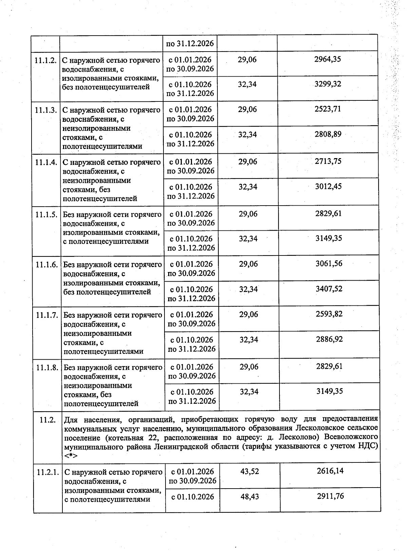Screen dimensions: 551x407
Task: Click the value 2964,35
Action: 327,59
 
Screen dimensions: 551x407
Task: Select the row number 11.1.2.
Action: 45,60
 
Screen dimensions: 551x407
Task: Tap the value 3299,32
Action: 328,84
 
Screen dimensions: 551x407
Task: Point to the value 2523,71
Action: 327,109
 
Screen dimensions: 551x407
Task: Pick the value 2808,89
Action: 328,134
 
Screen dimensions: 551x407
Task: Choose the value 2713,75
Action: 328,161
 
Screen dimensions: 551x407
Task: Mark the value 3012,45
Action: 328,186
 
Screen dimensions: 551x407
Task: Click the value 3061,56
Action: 329,264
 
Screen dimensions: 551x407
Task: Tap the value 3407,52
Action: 329,289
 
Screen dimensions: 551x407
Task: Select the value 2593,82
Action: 329,314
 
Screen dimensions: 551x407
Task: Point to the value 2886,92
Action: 329,339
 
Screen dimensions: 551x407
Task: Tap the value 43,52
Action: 250,471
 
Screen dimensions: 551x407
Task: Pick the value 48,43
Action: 250,496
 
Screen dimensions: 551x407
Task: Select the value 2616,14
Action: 330,471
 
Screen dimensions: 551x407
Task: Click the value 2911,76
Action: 330,496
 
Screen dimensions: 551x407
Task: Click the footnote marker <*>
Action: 71,455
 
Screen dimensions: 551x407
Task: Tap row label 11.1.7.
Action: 47,315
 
